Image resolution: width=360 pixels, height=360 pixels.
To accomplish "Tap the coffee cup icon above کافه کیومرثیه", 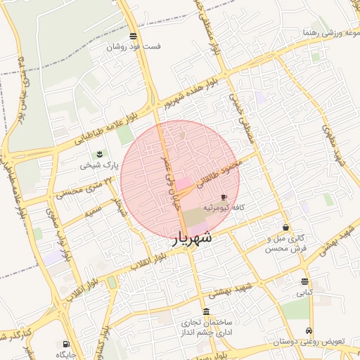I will [224, 198].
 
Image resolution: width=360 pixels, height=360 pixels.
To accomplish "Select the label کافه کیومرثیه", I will [224, 208].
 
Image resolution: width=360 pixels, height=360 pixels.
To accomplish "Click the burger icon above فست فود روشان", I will [134, 36].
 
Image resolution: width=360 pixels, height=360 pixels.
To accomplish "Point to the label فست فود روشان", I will [134, 47].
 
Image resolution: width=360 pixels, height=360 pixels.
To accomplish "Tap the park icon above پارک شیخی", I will [98, 154].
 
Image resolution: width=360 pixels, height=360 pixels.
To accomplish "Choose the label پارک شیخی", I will [96, 165].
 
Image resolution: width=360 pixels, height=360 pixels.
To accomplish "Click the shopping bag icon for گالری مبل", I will [285, 227].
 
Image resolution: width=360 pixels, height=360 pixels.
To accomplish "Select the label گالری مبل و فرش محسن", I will [288, 243].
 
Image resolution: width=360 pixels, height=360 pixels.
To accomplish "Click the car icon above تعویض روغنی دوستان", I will [309, 331].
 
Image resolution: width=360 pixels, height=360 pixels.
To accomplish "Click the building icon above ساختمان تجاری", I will [205, 311].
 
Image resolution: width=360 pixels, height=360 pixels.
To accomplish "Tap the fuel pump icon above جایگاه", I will [65, 344].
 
